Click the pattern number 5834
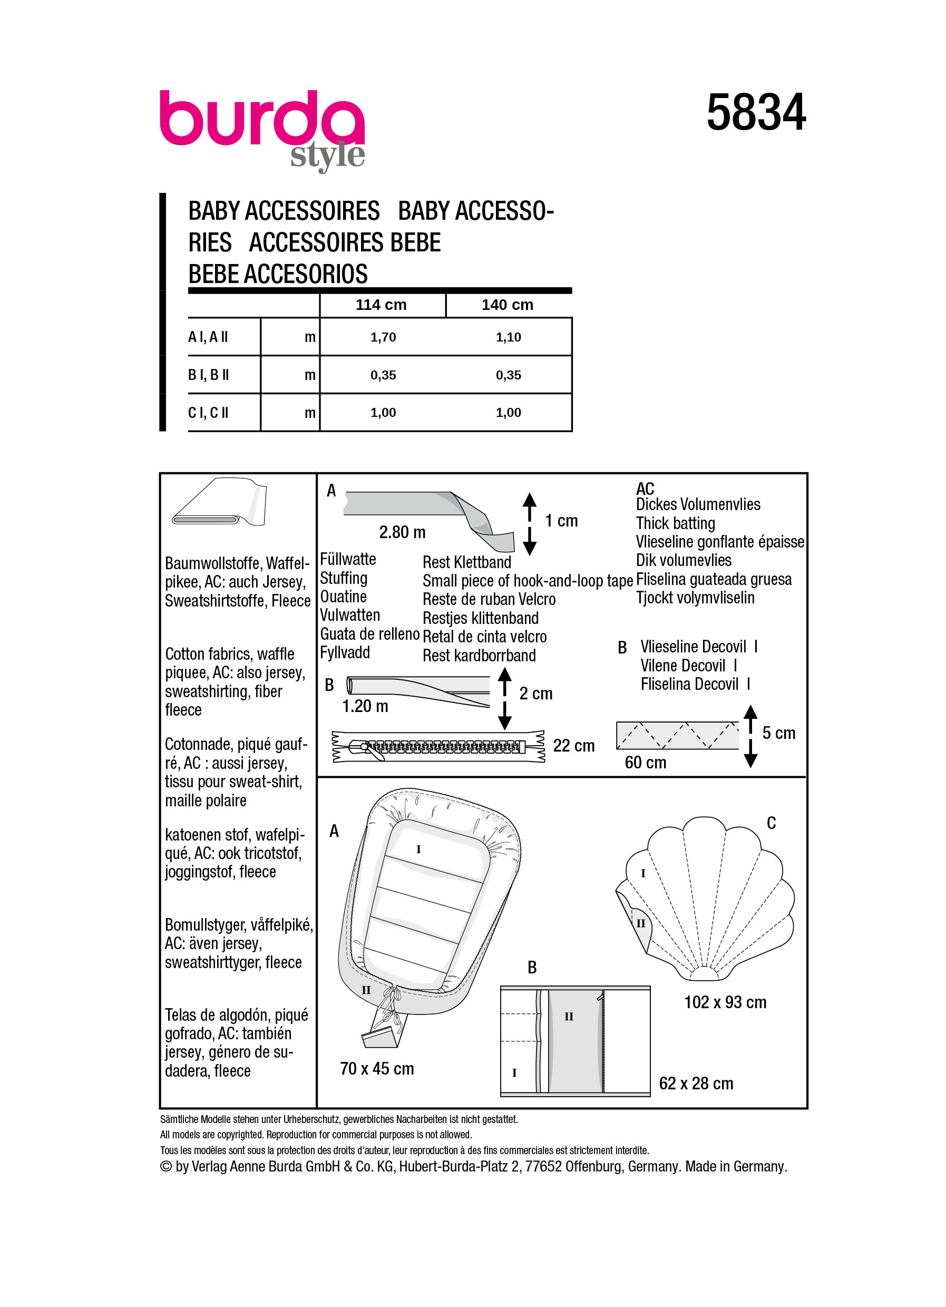click(755, 113)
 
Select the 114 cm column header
click(381, 305)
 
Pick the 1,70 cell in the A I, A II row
click(383, 337)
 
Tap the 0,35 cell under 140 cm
click(508, 375)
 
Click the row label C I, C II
click(208, 413)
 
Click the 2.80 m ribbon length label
click(402, 532)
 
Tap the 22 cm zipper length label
click(573, 746)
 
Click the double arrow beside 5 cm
click(750, 736)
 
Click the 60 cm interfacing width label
click(645, 763)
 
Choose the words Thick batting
click(675, 523)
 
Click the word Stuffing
click(344, 578)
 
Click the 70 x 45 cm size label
click(377, 1068)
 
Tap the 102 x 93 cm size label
click(725, 1002)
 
